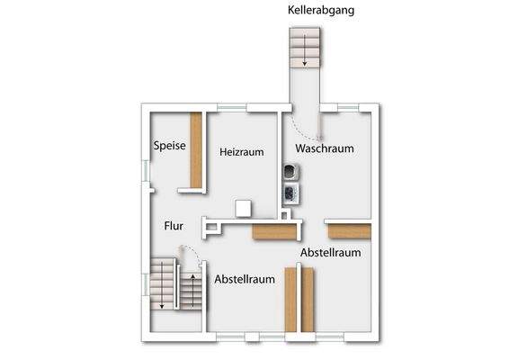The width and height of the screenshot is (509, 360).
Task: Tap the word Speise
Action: (169, 145)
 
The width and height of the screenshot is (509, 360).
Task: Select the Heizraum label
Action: (242, 152)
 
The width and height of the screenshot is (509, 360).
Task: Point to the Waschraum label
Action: (324, 148)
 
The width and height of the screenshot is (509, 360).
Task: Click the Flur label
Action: (174, 227)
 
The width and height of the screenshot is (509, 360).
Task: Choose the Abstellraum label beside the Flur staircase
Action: (245, 279)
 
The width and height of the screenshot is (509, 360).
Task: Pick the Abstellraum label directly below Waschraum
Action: (331, 253)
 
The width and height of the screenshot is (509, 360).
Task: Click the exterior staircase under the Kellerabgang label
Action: (304, 47)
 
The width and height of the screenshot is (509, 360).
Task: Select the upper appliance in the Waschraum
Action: (290, 171)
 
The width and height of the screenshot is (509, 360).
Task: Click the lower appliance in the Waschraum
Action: (290, 192)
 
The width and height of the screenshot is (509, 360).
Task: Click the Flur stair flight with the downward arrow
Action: (163, 286)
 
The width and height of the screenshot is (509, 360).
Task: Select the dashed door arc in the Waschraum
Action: (320, 127)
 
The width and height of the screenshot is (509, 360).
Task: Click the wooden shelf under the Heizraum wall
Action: (273, 232)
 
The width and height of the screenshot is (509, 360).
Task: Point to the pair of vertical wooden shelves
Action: (299, 300)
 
